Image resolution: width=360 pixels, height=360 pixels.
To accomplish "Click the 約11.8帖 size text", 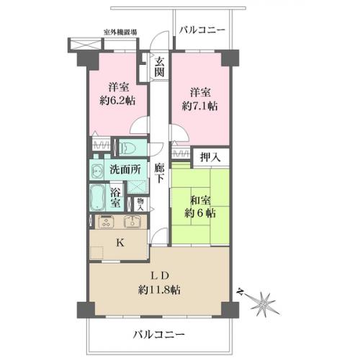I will [x=159, y=290].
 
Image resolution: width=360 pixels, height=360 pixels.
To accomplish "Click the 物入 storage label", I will [x=140, y=203].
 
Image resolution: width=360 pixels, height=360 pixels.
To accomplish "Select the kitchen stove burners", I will [x=105, y=222].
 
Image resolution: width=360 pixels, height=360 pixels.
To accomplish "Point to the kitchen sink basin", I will [x=131, y=222].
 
